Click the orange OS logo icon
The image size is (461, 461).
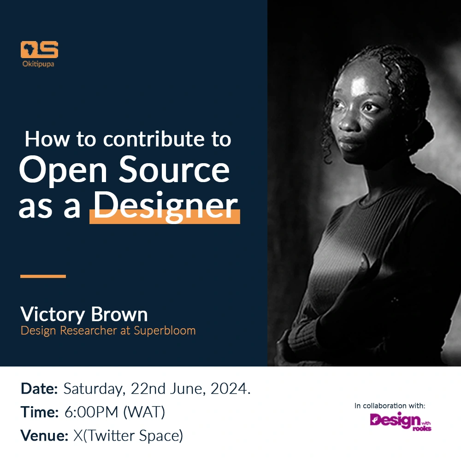[39, 49]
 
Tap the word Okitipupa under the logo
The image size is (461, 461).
[38, 64]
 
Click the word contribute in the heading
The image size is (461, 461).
[154, 139]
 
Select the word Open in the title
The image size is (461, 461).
[63, 170]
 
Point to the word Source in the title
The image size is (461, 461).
[174, 170]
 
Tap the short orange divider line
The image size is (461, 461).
[43, 276]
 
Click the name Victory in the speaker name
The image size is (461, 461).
[53, 315]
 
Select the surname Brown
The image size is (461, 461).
[119, 314]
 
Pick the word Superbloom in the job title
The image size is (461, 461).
[165, 331]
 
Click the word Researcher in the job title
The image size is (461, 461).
[89, 331]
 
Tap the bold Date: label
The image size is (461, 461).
[39, 389]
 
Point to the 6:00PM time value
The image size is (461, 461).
[91, 412]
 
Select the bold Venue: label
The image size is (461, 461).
[44, 436]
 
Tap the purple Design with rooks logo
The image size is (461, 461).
[401, 421]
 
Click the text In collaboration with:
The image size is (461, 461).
[390, 406]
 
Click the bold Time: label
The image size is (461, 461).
[39, 412]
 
